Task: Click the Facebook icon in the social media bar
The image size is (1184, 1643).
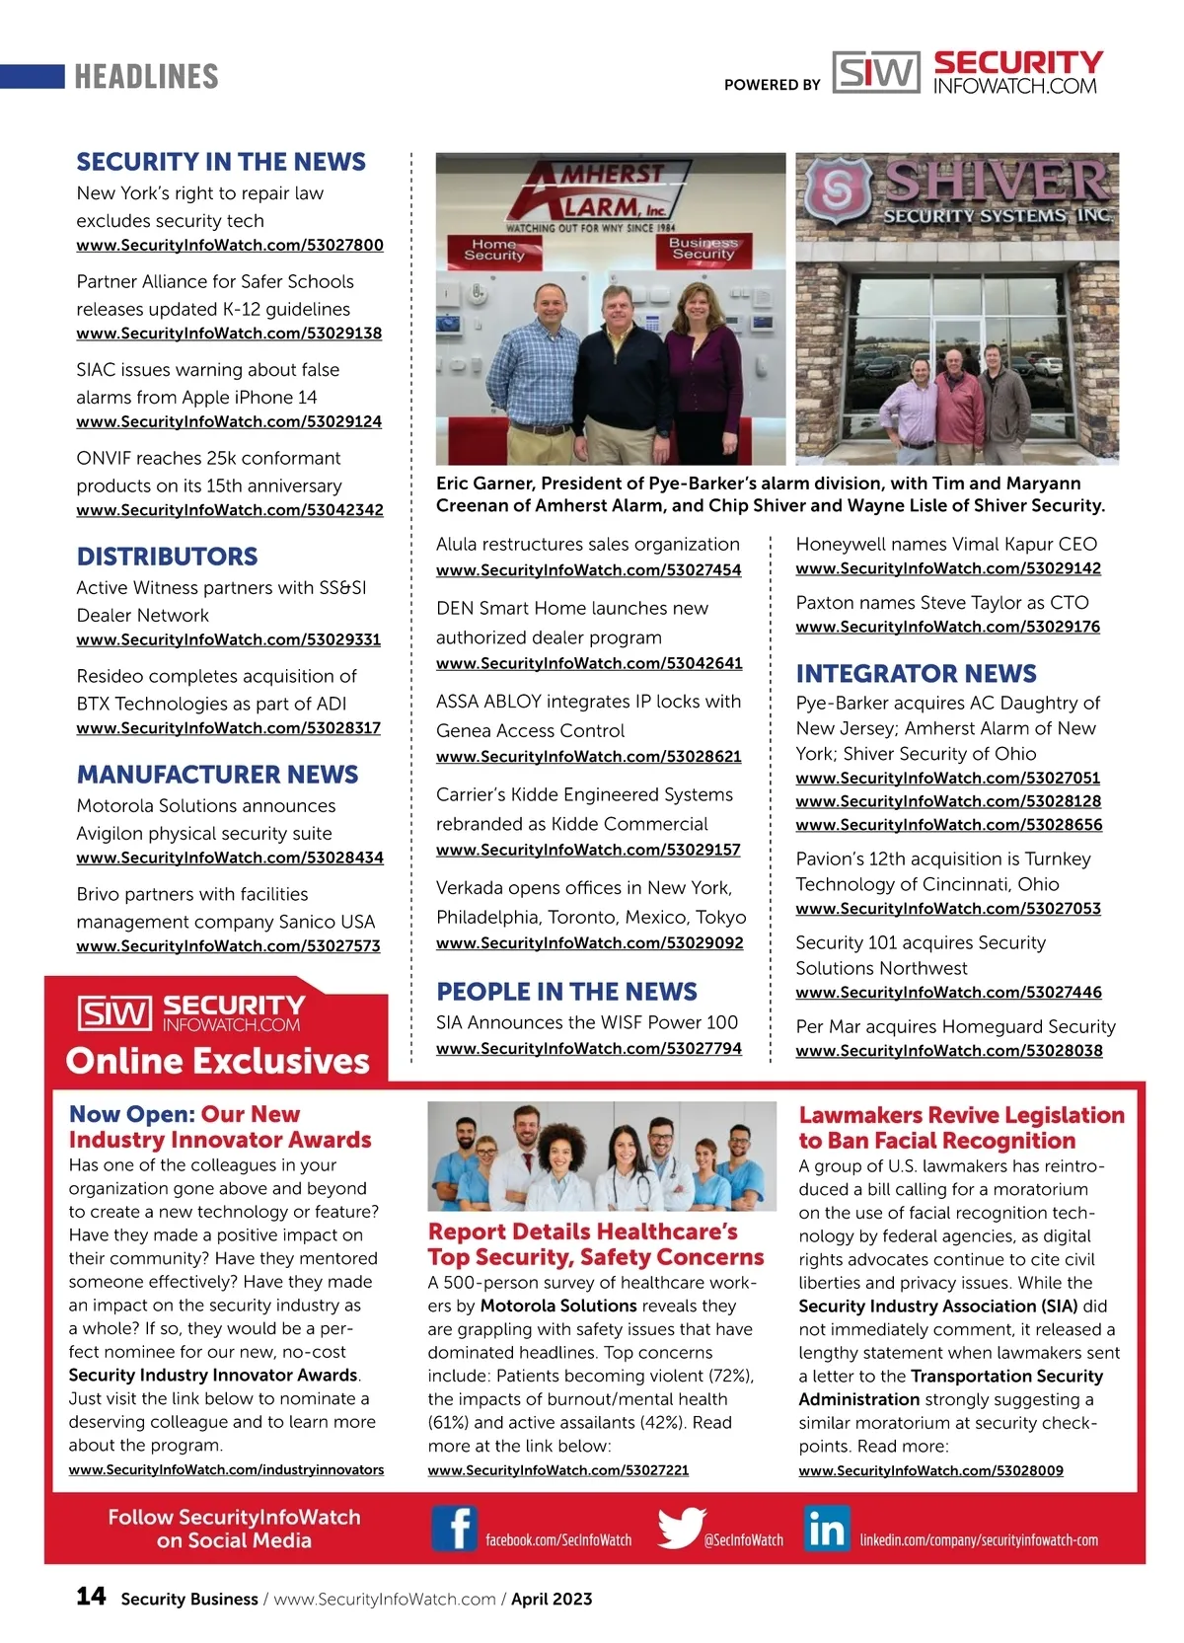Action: coord(455,1529)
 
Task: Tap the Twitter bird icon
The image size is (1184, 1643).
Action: coord(681,1529)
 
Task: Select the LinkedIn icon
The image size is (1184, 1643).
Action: coord(827,1529)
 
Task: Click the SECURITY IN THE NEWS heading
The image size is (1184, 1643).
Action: coord(221,162)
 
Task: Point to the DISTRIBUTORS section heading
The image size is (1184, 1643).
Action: coord(167,557)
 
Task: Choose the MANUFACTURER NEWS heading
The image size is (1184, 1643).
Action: coord(217,775)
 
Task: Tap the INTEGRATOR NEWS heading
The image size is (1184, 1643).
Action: coord(916,674)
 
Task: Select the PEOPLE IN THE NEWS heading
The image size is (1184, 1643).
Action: coord(566,992)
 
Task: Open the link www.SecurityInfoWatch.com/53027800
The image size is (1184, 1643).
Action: coord(230,245)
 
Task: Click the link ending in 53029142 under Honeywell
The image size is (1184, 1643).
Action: coord(948,568)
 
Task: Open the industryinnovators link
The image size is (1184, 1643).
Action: coord(226,1469)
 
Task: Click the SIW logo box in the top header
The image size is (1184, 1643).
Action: coord(876,73)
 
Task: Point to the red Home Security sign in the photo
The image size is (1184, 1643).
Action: coord(494,250)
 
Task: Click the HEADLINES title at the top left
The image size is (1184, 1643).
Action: coord(146,76)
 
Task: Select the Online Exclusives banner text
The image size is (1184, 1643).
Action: coord(217,1061)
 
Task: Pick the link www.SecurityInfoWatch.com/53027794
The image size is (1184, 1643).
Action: coord(589,1048)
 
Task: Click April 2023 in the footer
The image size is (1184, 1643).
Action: coord(552,1599)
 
